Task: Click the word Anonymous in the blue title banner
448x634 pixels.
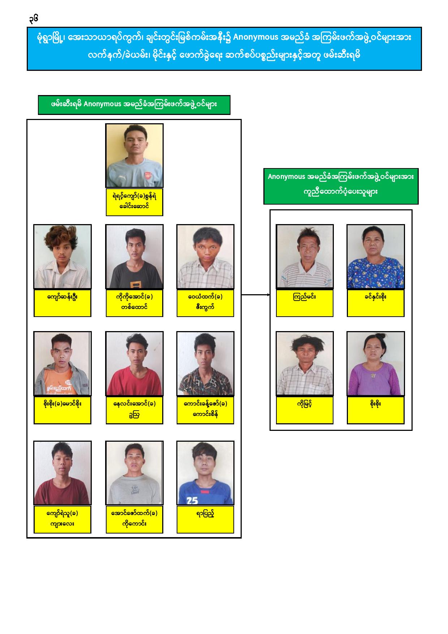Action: coord(256,38)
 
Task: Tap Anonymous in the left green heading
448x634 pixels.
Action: coord(102,104)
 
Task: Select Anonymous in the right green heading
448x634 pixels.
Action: coord(286,177)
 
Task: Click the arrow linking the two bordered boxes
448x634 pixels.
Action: coord(255,295)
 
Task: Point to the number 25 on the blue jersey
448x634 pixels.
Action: coord(193,501)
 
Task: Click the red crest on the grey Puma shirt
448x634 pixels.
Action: coord(147,176)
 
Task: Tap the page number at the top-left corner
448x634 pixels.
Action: coord(34,18)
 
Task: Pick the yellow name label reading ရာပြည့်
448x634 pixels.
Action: coord(205,519)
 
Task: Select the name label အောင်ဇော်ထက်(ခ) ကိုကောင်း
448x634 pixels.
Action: coord(134,519)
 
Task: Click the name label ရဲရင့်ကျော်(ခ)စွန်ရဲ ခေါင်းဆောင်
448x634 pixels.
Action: coord(134,202)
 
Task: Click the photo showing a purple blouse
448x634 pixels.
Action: coord(375,364)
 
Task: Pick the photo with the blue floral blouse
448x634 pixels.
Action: coord(375,257)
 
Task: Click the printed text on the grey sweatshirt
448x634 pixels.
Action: coord(135,490)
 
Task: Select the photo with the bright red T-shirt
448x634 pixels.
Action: coord(134,364)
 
